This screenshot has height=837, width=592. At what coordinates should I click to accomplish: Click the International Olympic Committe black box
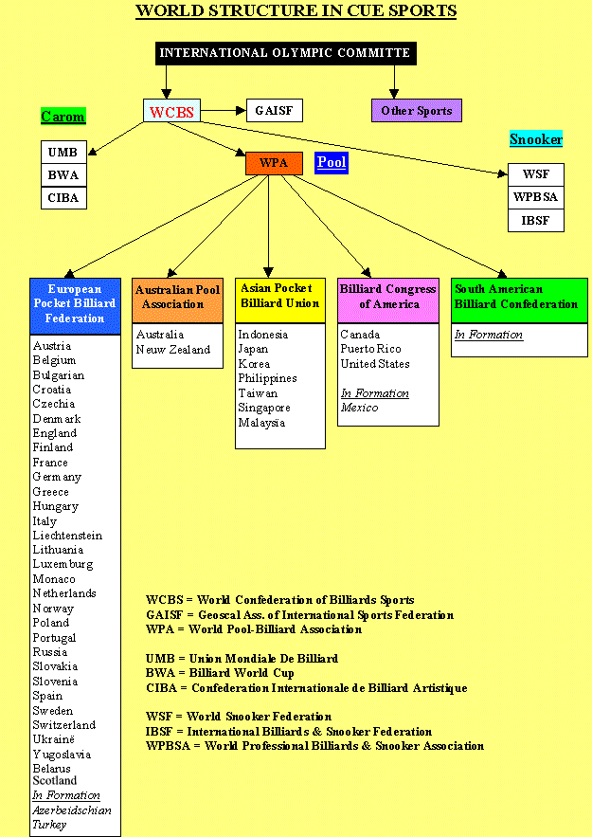[285, 53]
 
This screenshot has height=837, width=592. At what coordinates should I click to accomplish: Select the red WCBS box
[171, 112]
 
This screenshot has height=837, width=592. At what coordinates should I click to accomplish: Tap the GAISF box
[274, 111]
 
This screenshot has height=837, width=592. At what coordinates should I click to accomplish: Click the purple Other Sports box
[416, 111]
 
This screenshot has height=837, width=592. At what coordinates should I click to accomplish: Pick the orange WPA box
[274, 163]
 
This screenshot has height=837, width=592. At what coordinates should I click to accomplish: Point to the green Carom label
[63, 117]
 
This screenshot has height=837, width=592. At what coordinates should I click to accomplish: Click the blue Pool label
[332, 162]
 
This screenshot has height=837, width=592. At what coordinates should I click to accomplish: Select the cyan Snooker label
[536, 139]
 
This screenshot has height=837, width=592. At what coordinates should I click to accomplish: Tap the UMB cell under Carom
[63, 152]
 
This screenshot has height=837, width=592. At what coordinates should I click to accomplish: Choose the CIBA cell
[63, 197]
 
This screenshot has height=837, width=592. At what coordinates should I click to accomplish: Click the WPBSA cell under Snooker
[536, 198]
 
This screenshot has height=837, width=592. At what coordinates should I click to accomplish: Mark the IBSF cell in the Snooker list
[536, 221]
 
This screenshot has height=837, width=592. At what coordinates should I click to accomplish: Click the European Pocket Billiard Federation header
[76, 303]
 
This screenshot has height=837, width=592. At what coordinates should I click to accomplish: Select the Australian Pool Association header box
[177, 298]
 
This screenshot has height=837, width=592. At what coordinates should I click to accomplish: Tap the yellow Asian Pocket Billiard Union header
[280, 297]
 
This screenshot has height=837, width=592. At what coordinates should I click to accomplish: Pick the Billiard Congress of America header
[388, 297]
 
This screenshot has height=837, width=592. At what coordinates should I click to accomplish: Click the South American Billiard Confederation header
[519, 297]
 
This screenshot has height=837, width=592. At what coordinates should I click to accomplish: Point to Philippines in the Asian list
[267, 378]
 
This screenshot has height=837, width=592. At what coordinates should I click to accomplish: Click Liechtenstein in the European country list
[67, 536]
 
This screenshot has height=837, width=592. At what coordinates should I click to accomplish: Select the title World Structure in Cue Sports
[296, 11]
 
